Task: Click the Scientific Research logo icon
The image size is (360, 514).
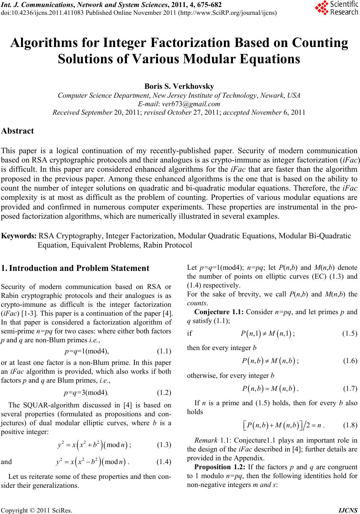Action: click(x=321, y=8)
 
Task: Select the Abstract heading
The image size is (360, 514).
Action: click(x=18, y=131)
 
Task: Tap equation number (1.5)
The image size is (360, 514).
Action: click(x=350, y=333)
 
